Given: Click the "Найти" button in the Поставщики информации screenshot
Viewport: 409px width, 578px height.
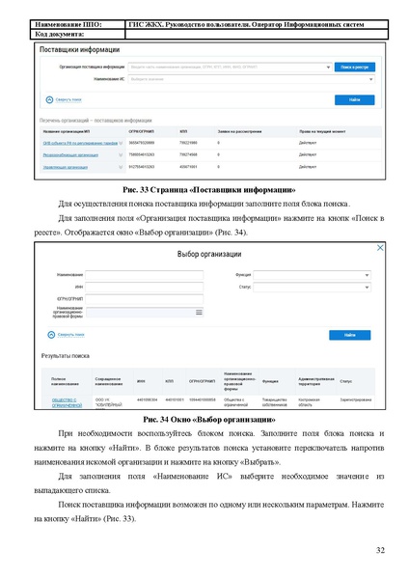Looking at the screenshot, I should (x=354, y=99).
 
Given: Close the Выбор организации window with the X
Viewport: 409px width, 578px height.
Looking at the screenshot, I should (x=379, y=248).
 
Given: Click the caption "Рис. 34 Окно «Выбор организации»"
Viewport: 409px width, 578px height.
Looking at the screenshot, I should (x=204, y=421).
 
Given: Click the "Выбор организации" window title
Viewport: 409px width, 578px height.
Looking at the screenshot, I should (x=204, y=254).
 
